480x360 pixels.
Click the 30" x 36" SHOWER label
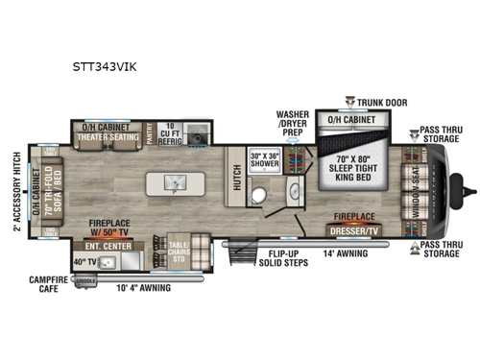(266, 159)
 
